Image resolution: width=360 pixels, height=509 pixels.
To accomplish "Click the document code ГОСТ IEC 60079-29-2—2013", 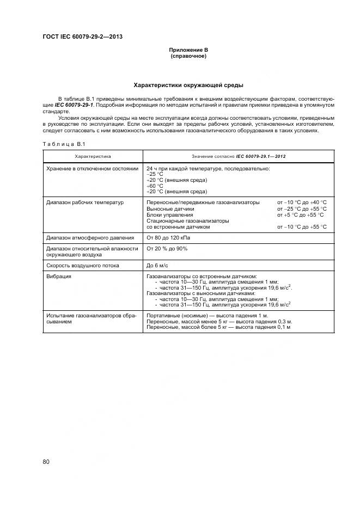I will click(82, 37).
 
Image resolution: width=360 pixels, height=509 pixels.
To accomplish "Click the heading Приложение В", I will click(188, 50).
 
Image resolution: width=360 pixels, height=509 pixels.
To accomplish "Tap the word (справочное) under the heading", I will click(188, 56).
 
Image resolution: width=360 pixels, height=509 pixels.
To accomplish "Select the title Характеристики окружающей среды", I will click(188, 85).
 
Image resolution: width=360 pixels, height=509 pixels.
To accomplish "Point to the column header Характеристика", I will click(93, 156).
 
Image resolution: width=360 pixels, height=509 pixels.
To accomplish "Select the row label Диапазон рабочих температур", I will click(85, 203).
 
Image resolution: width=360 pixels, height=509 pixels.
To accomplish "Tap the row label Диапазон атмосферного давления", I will click(90, 237).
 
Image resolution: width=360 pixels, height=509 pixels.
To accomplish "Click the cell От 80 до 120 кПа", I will click(169, 237).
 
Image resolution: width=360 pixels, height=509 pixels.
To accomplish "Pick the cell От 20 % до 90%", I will click(167, 248).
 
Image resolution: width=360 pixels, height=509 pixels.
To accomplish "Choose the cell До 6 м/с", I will click(158, 265).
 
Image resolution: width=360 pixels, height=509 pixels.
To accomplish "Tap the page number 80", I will click(46, 462).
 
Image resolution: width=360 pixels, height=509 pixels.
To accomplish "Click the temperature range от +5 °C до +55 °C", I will click(301, 214).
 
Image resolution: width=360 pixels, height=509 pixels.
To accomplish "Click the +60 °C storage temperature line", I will click(156, 186).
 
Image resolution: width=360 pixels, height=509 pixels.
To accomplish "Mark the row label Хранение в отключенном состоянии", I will click(93, 169).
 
